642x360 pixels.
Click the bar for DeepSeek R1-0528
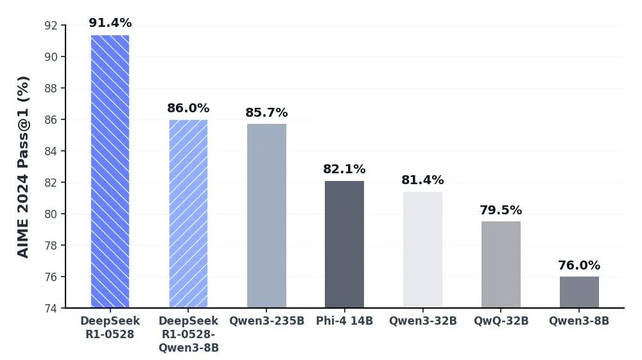[x=110, y=171]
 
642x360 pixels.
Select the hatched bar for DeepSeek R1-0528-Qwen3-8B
[x=188, y=214]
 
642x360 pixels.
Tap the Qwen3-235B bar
[x=266, y=216]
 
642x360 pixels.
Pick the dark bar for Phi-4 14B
[x=344, y=244]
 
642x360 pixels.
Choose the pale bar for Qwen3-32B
[x=422, y=250]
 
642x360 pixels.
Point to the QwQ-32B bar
[x=501, y=264]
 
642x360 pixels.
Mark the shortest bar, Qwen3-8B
[x=579, y=292]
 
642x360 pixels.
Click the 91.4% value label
[x=110, y=23]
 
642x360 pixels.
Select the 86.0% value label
[x=188, y=108]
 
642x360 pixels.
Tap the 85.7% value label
[x=266, y=113]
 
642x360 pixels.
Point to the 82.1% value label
[x=344, y=169]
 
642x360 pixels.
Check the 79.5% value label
[x=501, y=210]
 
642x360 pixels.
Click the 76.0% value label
[x=579, y=266]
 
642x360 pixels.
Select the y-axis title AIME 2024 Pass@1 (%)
[x=23, y=167]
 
